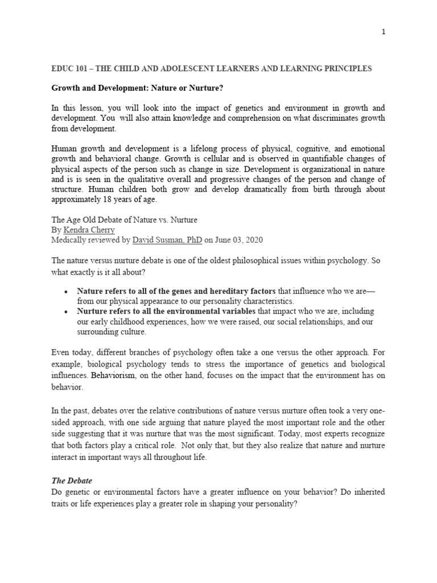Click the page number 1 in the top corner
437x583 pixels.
coord(384,32)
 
